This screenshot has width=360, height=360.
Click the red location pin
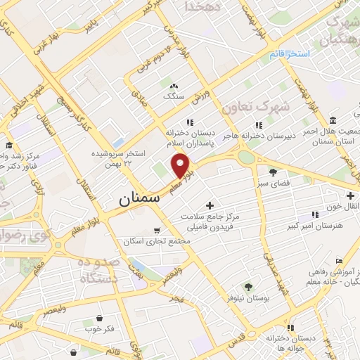coord(181,166)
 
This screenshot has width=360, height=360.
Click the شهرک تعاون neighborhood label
coord(245,108)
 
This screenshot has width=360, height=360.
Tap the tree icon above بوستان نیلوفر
coord(248,285)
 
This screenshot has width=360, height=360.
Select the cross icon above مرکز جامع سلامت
coord(210,205)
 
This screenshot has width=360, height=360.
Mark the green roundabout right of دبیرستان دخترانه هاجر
coord(246,157)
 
